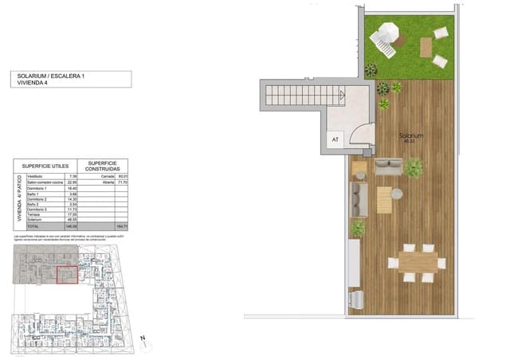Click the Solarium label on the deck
(x=412, y=137)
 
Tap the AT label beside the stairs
(x=335, y=140)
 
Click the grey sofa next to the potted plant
(x=390, y=166)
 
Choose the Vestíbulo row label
(x=32, y=177)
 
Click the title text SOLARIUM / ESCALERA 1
(x=52, y=74)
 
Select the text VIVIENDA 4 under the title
(x=33, y=82)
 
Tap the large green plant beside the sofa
(x=414, y=166)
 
